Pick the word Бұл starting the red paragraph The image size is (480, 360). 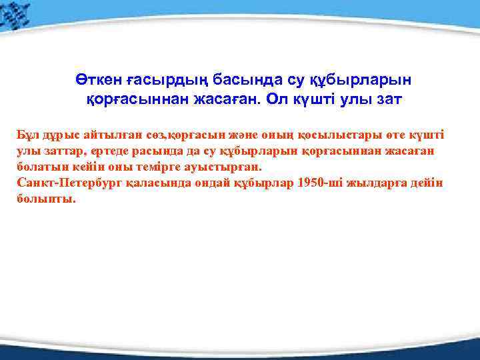point(27,135)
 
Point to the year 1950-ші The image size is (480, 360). point(319,183)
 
